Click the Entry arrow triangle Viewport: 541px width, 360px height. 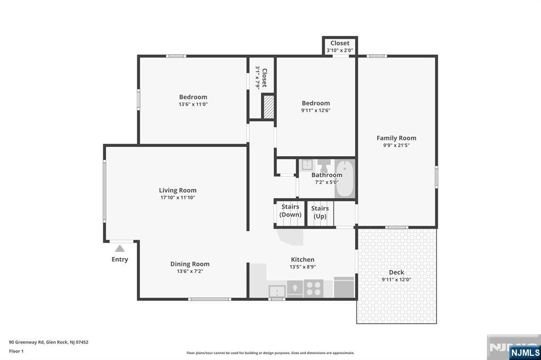(x=120, y=249)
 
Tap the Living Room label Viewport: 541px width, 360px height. (x=178, y=191)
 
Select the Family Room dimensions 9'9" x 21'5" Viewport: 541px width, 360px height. (x=396, y=145)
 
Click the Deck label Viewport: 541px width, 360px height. (x=396, y=272)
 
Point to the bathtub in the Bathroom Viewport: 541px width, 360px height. (x=344, y=178)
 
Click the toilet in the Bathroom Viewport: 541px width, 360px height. (x=324, y=166)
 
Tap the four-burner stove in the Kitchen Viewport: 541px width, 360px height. (x=314, y=289)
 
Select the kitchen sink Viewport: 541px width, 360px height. (x=277, y=291)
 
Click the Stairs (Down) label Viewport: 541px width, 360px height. (x=290, y=210)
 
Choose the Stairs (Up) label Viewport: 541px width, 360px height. (x=320, y=212)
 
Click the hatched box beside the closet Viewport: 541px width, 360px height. (x=268, y=107)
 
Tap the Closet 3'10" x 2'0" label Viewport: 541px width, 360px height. (x=340, y=46)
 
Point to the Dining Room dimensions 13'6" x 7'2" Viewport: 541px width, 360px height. (x=190, y=271)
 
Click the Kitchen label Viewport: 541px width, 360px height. (x=303, y=260)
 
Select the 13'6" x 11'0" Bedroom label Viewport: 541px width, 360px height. (x=193, y=100)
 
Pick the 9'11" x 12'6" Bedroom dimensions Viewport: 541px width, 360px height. (x=316, y=110)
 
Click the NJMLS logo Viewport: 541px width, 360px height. (x=525, y=353)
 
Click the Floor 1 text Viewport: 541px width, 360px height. (x=16, y=351)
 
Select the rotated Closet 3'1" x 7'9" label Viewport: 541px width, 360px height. (x=261, y=78)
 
